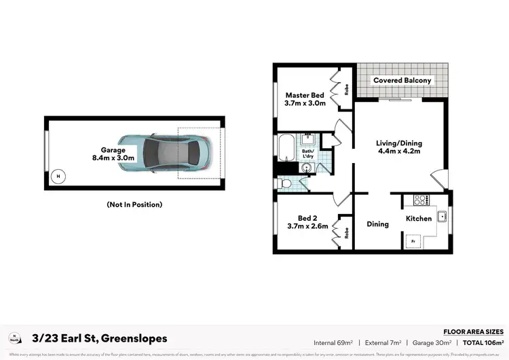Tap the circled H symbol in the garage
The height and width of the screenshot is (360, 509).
58,176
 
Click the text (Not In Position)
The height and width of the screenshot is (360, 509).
134,204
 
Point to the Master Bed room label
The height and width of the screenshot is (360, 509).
305,99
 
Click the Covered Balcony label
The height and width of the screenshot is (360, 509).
402,80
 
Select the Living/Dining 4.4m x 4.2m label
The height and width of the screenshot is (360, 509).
399,147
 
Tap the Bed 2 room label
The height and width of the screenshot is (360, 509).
303,222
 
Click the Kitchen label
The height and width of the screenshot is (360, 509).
419,219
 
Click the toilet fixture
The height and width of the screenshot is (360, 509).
284,183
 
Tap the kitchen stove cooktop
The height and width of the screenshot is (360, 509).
419,200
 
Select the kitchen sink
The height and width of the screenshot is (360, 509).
441,217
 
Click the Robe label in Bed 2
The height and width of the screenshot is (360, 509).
346,232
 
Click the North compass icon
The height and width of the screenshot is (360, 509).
14,338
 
